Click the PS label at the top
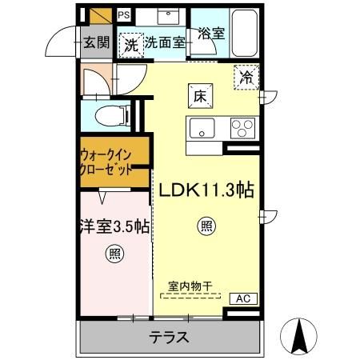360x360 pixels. pyautogui.click(x=124, y=14)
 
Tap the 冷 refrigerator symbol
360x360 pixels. pyautogui.click(x=246, y=78)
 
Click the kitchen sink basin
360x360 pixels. pyautogui.click(x=201, y=127)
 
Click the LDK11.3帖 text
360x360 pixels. pyautogui.click(x=206, y=190)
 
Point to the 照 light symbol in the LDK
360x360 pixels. pyautogui.click(x=206, y=227)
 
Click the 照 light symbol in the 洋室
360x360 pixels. pyautogui.click(x=113, y=255)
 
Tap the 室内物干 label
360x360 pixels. pyautogui.click(x=190, y=286)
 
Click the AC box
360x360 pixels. pyautogui.click(x=244, y=298)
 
